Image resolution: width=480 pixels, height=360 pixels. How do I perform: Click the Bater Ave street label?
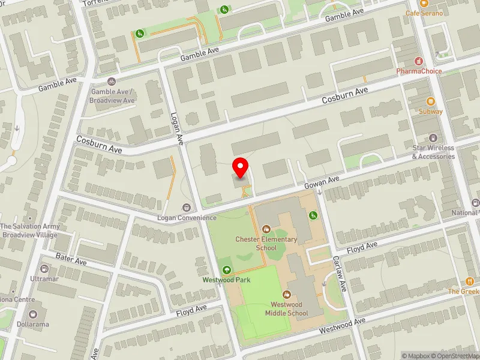click(x=72, y=259)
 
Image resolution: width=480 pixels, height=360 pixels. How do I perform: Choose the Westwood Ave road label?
click(x=342, y=325)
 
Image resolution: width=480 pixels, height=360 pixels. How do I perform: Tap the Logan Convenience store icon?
click(x=187, y=208)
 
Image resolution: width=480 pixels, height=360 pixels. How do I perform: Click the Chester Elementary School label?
click(x=266, y=244)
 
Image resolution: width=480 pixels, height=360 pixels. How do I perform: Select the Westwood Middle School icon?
click(x=286, y=295)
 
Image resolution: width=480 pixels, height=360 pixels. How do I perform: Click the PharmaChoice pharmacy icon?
click(x=419, y=61)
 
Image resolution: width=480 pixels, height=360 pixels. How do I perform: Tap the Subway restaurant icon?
click(x=430, y=101)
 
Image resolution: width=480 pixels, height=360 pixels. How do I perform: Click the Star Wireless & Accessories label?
click(x=433, y=152)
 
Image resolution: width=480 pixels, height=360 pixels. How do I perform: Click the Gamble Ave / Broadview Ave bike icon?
click(x=112, y=82)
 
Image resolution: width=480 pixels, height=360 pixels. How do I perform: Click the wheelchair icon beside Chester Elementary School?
click(x=313, y=215)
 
